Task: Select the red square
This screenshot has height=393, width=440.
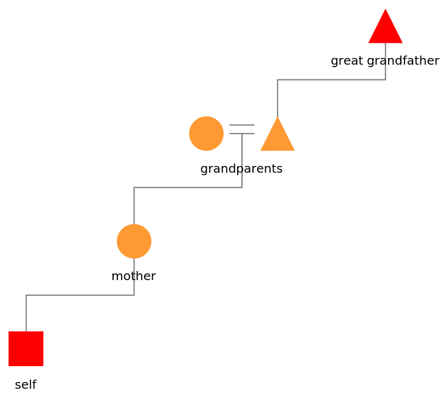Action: click(x=26, y=348)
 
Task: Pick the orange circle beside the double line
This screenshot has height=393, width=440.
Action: click(x=207, y=134)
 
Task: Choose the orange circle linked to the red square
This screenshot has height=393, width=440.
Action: click(x=134, y=241)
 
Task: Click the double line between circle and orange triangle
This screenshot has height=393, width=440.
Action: click(x=242, y=129)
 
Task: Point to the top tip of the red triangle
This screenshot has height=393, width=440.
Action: click(x=386, y=9)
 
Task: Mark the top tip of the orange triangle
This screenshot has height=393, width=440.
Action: click(x=277, y=117)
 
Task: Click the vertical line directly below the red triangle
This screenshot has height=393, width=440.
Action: click(x=386, y=61)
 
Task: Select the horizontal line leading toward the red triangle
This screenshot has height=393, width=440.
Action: click(x=331, y=79)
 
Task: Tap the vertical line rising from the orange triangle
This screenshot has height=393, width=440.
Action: click(x=277, y=98)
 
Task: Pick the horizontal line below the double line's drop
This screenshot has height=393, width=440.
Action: click(x=188, y=187)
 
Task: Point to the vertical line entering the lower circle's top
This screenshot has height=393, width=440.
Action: click(x=134, y=206)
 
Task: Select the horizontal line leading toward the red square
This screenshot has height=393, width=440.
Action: click(x=79, y=295)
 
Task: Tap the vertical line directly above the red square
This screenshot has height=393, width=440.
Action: click(x=26, y=313)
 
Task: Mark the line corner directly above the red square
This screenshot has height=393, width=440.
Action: click(x=26, y=295)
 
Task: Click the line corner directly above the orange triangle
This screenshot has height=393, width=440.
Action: click(x=277, y=79)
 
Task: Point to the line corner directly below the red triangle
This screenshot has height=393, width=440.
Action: click(x=386, y=79)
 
